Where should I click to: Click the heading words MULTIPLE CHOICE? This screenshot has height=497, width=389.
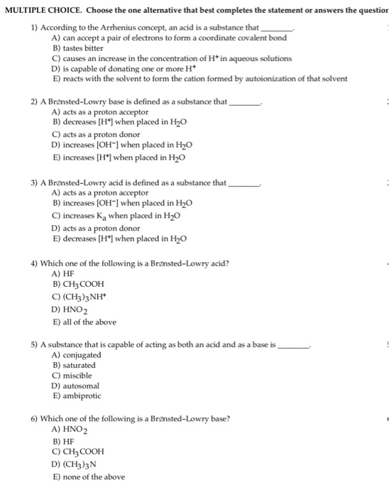[41, 10]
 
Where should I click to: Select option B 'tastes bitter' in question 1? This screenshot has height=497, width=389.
[79, 48]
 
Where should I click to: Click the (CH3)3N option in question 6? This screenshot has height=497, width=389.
[75, 464]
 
